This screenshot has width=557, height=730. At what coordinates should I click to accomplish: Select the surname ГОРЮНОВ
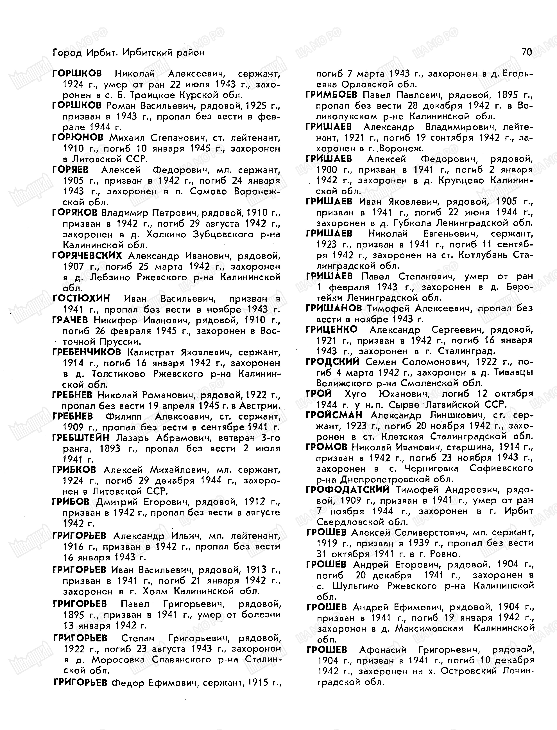coord(78,138)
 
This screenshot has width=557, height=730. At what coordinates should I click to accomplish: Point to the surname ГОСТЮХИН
coord(81,299)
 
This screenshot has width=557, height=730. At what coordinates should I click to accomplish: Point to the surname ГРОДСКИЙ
coord(332,362)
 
